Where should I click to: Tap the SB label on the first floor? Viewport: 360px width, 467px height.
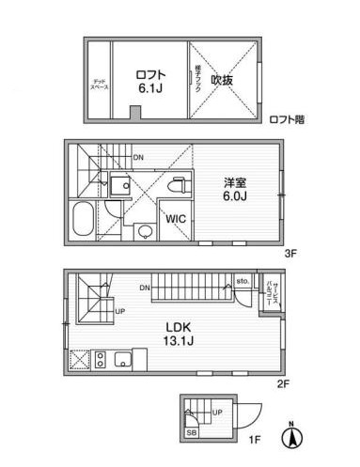point(192,433)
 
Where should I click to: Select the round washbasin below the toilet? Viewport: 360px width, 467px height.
point(145,231)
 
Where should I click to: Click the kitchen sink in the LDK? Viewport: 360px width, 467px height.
point(122,358)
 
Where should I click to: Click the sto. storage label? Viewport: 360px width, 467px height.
point(242,281)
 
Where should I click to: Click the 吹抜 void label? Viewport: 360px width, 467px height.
point(222,80)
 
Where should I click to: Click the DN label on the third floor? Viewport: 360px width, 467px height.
point(138,157)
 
